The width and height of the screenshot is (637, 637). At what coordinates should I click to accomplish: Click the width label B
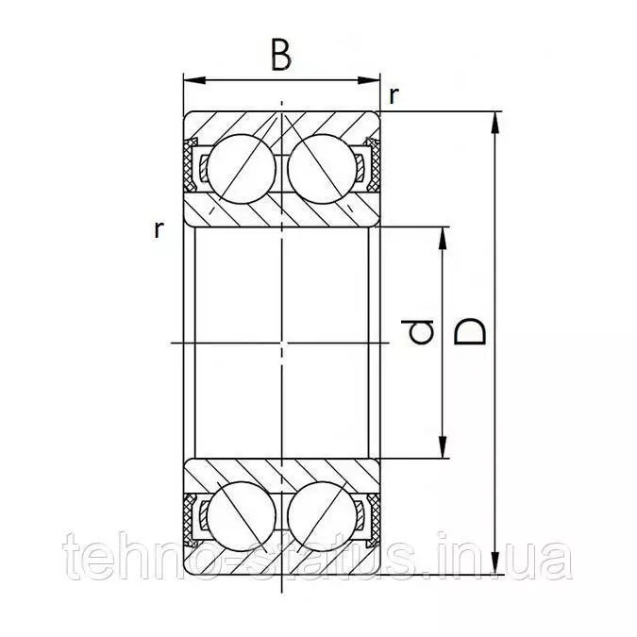281,56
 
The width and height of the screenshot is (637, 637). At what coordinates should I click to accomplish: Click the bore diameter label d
417,331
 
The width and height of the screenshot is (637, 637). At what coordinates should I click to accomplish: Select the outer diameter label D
470,331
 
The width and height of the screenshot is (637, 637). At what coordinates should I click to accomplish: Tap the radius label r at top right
394,96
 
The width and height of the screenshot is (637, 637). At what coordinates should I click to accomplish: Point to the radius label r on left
159,230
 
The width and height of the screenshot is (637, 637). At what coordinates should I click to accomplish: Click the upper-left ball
242,169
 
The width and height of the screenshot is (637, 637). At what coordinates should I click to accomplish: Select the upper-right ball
322,169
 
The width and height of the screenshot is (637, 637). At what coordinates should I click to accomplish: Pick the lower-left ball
242,517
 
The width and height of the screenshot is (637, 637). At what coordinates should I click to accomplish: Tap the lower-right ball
322,517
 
